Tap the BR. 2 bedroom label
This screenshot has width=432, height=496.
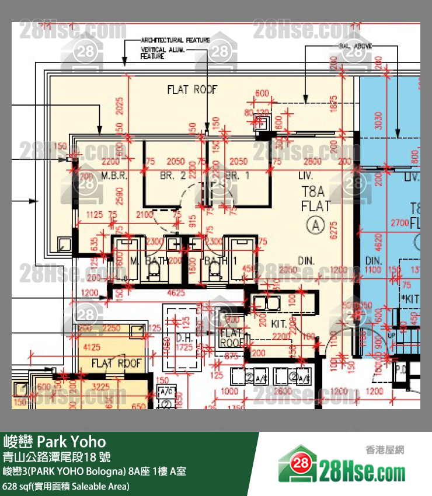(x=173, y=175)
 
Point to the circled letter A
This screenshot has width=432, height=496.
(x=316, y=225)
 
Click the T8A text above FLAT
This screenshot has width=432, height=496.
(x=316, y=191)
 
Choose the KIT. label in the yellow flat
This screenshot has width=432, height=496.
(x=278, y=323)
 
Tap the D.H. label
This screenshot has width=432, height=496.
(x=184, y=337)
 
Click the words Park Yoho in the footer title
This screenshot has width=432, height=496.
(x=71, y=441)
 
